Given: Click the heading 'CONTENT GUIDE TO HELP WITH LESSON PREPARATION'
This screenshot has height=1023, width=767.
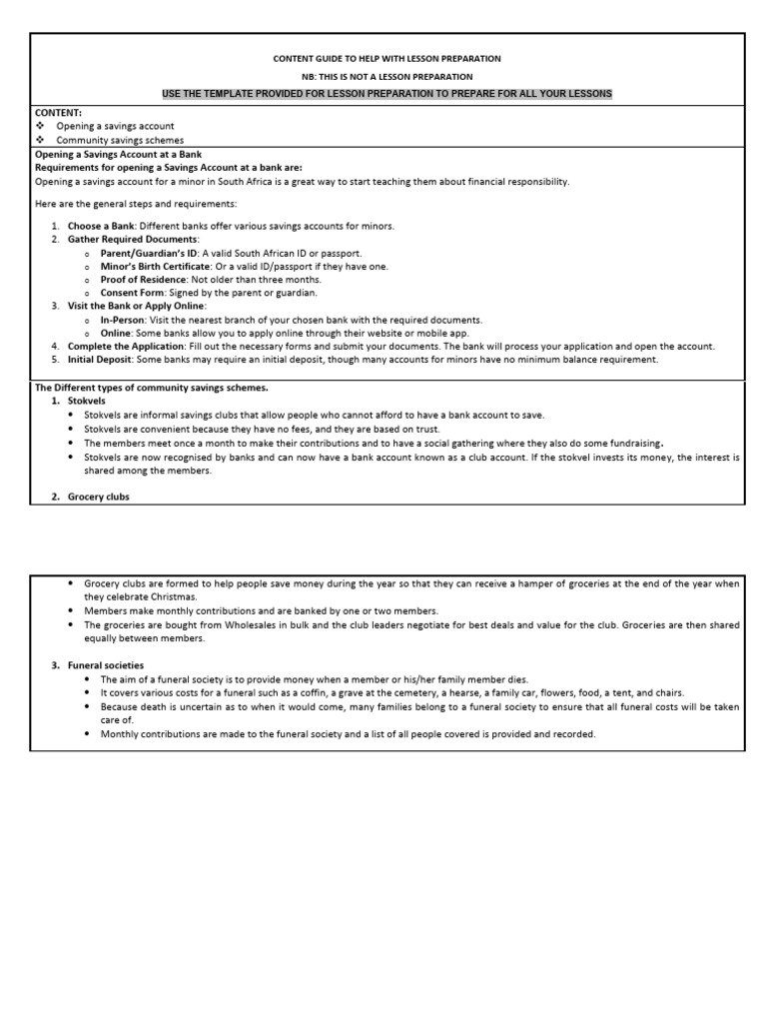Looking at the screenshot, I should [387, 59].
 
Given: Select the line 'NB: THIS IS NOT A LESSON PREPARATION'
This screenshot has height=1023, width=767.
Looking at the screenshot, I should [387, 76].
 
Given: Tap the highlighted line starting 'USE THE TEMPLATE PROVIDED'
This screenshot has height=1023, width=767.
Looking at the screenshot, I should [387, 93].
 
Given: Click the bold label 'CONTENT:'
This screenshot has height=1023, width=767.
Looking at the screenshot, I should [58, 114].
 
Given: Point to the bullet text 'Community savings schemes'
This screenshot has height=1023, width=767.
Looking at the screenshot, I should [120, 141].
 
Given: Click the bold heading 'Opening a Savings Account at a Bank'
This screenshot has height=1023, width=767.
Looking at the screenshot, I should [119, 155].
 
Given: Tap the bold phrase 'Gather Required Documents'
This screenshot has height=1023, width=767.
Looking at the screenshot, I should [133, 240].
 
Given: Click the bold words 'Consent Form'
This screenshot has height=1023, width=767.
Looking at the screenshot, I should [130, 293].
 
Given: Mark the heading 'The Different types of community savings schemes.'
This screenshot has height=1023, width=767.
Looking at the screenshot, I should [151, 388].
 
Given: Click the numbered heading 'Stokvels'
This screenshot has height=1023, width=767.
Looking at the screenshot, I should [87, 401].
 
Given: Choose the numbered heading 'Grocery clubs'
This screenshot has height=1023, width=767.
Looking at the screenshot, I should [98, 497].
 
